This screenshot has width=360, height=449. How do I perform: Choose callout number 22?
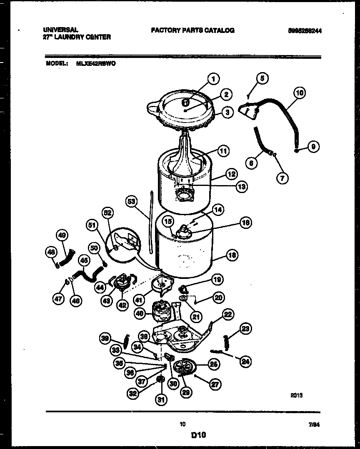tap(228, 315)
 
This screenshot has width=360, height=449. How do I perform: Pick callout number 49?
tap(62, 236)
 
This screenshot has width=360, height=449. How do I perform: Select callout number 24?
tap(246, 361)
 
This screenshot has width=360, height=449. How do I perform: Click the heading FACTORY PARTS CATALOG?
tap(192, 30)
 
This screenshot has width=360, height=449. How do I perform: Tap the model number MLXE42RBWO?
tap(96, 64)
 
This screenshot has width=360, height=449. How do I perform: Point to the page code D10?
tap(199, 435)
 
